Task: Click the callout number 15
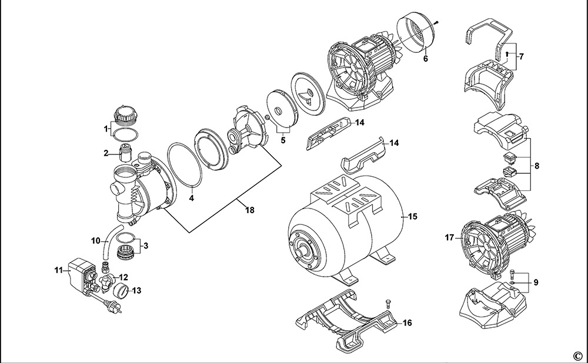[412, 217]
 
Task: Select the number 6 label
[426, 59]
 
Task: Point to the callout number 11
[58, 271]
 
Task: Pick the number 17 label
[450, 238]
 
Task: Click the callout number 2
[106, 154]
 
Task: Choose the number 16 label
[407, 323]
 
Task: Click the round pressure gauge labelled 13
[121, 290]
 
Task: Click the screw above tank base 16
[388, 302]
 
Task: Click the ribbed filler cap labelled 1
[125, 112]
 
